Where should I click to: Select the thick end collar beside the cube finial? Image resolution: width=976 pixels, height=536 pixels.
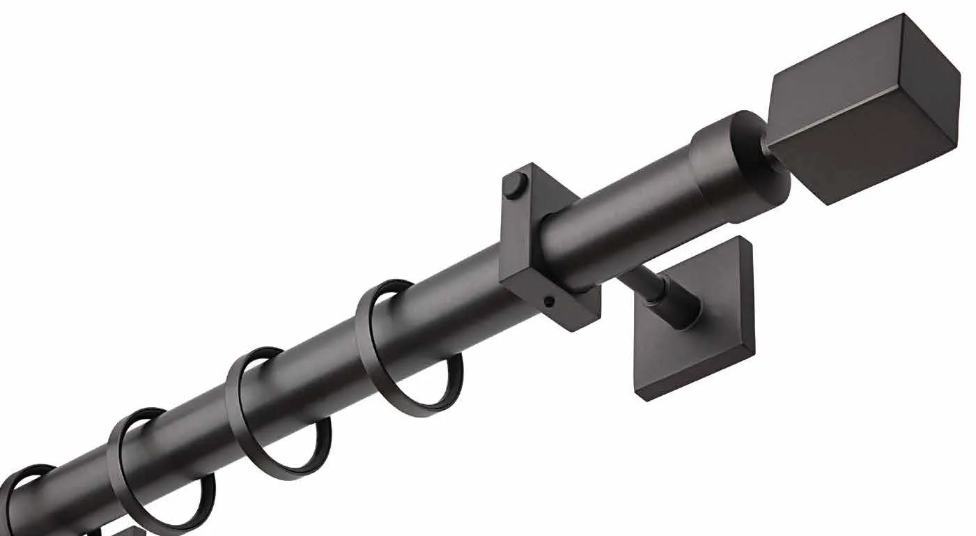point(735,167)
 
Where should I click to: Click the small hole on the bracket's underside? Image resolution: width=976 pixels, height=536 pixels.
point(549,302)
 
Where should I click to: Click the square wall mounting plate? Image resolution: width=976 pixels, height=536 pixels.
point(704,328)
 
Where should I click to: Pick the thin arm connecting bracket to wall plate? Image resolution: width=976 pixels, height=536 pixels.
point(637,282)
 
